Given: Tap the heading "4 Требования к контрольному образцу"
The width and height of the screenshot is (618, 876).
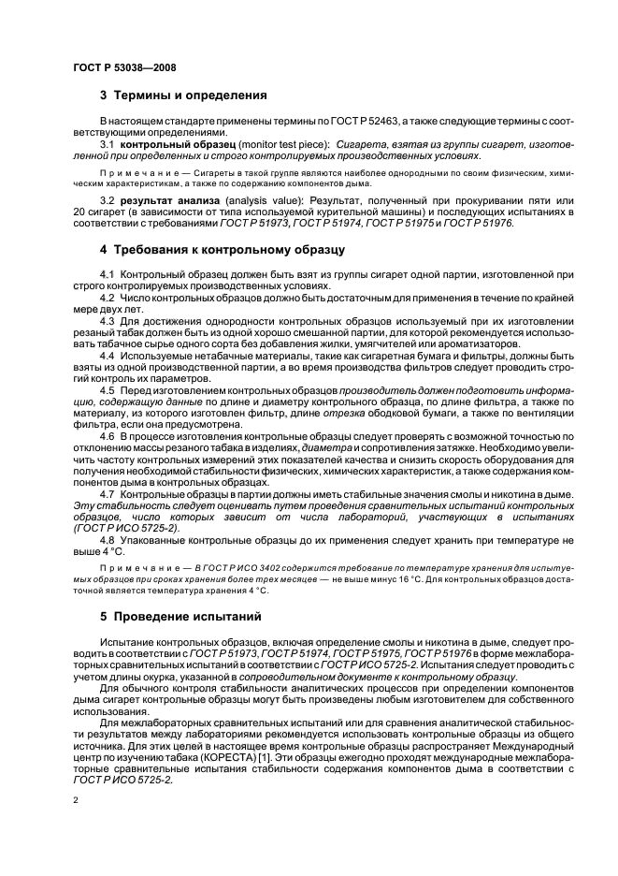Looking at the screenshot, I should (223, 250).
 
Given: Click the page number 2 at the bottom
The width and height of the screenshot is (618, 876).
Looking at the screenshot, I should (75, 803).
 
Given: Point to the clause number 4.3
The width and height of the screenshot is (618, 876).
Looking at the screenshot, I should (107, 322).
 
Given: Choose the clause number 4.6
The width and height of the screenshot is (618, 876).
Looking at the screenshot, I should (107, 437).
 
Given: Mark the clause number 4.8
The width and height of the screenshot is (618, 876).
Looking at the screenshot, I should (107, 539).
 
